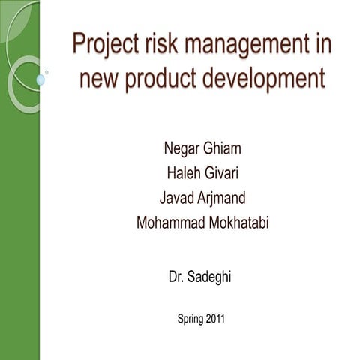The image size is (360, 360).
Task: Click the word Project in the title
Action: (101, 45)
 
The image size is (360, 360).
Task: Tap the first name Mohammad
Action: (169, 223)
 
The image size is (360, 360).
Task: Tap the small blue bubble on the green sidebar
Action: (40, 79)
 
